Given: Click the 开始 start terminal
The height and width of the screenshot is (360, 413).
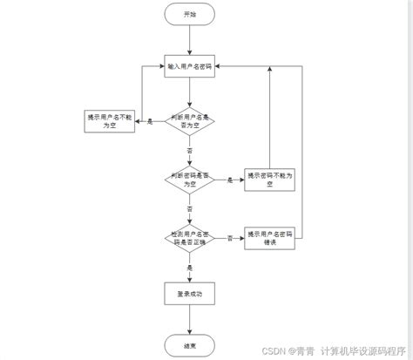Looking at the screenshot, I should [189, 15].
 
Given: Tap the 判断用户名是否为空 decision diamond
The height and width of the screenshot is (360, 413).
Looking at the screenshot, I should [189, 120].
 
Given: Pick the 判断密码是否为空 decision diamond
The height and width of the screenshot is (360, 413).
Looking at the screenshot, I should [189, 179].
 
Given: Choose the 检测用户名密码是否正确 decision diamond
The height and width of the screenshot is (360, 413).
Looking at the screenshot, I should [189, 237].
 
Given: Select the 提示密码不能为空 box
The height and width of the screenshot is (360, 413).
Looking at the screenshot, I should [271, 179].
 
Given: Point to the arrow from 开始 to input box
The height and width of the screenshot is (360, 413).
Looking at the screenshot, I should [189, 41].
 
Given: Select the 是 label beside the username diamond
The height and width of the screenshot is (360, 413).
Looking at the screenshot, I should [150, 120].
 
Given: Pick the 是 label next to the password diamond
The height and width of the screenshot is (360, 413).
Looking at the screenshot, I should [230, 179].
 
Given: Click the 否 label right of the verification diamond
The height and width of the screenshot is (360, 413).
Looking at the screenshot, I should [230, 237].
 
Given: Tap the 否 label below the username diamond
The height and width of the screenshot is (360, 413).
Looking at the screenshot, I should [189, 150].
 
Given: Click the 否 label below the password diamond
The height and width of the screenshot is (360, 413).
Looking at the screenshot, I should [189, 208].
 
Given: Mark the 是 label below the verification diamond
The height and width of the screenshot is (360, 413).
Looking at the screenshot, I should [189, 267].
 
